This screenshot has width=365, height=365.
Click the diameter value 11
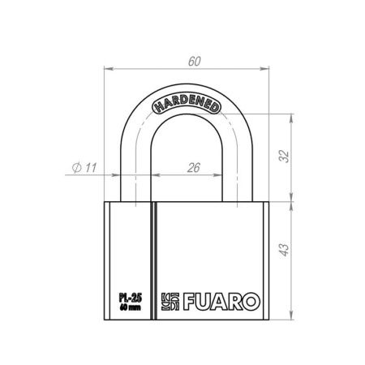coord(89,167)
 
